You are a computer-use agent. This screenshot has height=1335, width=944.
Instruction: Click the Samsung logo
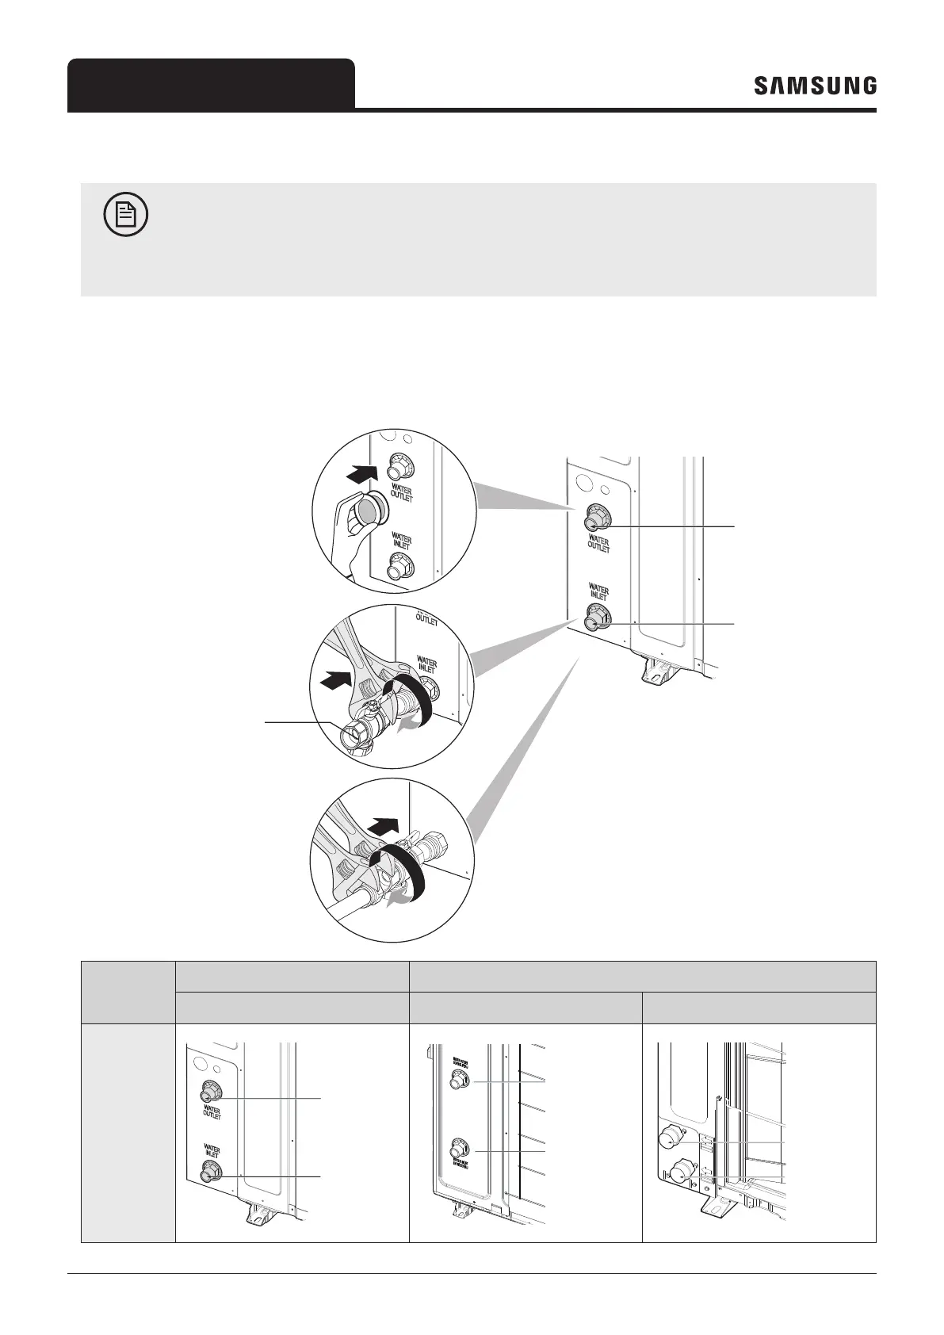(x=815, y=86)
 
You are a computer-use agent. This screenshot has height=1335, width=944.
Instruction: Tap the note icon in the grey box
(x=126, y=216)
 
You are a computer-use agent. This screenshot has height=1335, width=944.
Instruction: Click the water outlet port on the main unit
(x=592, y=521)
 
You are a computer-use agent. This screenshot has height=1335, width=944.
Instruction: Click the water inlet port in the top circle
(x=397, y=566)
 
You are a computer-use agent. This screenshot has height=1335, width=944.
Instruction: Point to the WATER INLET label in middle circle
(x=426, y=663)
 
